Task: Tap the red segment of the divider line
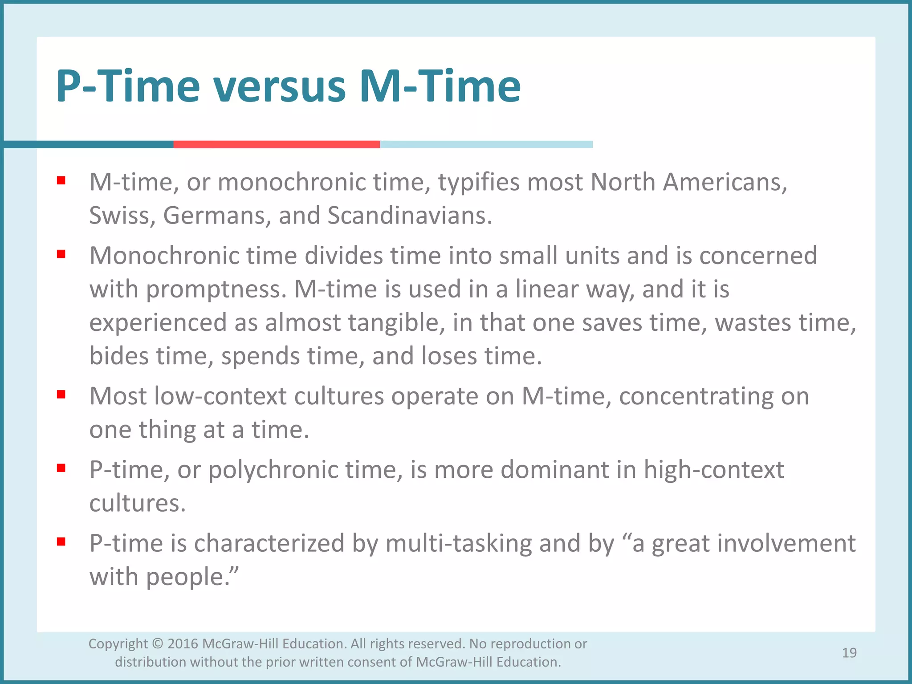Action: pyautogui.click(x=276, y=144)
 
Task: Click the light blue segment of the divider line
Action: pyautogui.click(x=485, y=144)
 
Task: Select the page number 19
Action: pyautogui.click(x=849, y=653)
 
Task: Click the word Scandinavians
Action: pyautogui.click(x=410, y=216)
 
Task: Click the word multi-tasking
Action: pyautogui.click(x=458, y=543)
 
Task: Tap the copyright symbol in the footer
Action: pyautogui.click(x=157, y=644)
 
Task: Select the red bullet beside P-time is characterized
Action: pyautogui.click(x=61, y=541)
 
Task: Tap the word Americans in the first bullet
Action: pyautogui.click(x=725, y=183)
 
